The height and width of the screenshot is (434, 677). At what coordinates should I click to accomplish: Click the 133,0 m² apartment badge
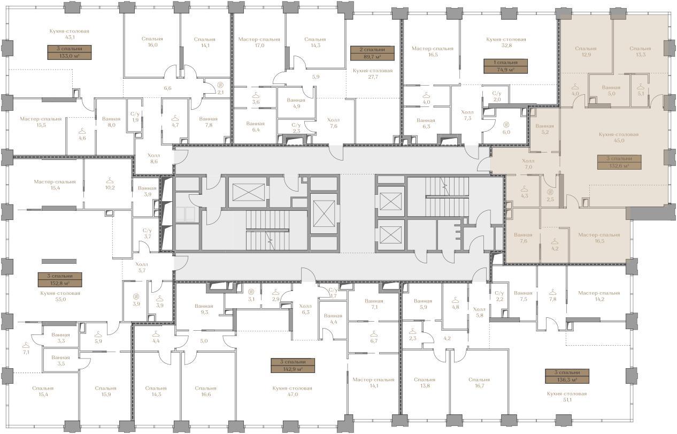click(x=69, y=52)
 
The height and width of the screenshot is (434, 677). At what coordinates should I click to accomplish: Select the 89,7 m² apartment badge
click(x=372, y=53)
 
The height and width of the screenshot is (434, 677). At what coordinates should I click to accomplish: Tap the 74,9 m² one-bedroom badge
click(x=506, y=66)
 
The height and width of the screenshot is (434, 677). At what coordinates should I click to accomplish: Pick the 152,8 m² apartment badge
click(x=60, y=280)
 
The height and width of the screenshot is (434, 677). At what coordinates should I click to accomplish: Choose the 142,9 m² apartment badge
click(x=293, y=366)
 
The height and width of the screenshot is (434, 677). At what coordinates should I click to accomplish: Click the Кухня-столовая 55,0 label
click(x=60, y=296)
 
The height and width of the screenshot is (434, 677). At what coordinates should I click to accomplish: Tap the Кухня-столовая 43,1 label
click(x=70, y=34)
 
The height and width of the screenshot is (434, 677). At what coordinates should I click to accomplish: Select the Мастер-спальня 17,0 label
click(x=259, y=42)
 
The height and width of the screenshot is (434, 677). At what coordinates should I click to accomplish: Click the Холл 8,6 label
click(x=154, y=158)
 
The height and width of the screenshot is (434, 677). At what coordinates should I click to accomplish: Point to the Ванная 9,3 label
click(x=204, y=309)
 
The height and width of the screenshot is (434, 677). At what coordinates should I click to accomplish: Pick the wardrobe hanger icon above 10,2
click(x=110, y=180)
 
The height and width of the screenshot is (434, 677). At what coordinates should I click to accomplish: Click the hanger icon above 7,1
click(x=26, y=345)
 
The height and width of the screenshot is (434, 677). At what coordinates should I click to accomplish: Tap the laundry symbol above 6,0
click(x=506, y=124)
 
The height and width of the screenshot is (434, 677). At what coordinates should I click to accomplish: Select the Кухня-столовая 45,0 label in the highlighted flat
click(x=619, y=138)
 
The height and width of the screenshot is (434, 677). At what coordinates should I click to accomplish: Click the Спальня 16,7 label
click(x=479, y=383)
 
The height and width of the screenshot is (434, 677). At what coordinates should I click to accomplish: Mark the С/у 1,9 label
click(x=135, y=117)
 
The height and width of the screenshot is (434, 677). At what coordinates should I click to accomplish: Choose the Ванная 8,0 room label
click(x=111, y=122)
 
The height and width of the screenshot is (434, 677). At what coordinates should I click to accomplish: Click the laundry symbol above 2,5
click(x=550, y=192)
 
